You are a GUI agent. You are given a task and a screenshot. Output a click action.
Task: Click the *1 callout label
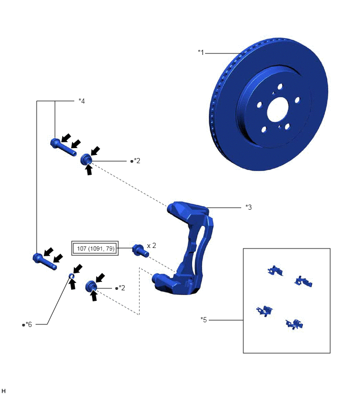coord(201,52)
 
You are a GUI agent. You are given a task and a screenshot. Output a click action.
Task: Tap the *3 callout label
coord(249,207)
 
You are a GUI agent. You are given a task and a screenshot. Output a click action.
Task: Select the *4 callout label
coord(82,101)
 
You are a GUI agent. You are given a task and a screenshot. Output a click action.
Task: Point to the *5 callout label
coord(204,320)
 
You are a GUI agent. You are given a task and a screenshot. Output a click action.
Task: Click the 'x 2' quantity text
coord(151,245)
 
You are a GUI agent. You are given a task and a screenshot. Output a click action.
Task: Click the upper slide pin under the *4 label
coord(63,148)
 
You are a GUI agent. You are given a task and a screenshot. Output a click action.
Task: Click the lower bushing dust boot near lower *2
coord(91,286)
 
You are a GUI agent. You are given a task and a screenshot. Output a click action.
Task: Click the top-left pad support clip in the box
coord(275,270)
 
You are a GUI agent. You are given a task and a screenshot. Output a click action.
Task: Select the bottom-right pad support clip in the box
coord(294,324)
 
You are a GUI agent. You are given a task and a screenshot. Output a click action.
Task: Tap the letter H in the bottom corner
coord(3,391)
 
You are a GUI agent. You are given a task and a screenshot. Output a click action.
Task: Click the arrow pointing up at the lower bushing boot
coord(94,296)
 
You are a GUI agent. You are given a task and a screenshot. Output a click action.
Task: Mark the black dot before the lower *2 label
coord(117,288)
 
